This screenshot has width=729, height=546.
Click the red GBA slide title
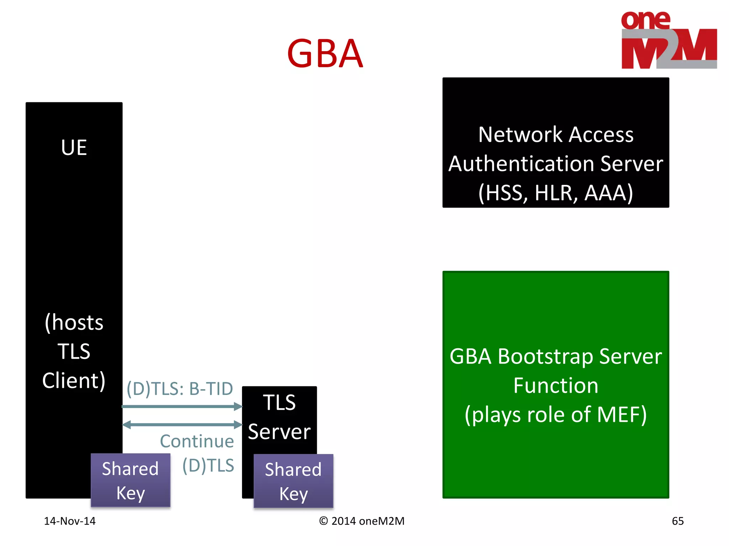coord(325,54)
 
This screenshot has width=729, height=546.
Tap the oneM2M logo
coord(668,40)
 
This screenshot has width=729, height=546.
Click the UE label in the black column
coord(74,148)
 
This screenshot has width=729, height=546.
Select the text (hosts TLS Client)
coord(74,351)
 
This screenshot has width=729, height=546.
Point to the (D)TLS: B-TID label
coord(180,389)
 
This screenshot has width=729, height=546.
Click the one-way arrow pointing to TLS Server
coord(182,407)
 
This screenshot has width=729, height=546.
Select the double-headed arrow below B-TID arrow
coord(182,424)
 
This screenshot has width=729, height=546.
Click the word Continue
coord(197,441)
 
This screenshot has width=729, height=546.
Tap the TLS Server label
coord(279,417)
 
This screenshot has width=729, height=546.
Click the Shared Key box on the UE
coord(130,480)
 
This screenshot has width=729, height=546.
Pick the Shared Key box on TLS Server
coord(293,481)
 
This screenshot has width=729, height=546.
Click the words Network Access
coord(556,135)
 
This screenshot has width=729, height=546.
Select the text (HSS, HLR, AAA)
coord(556,193)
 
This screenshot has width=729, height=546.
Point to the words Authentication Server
coord(556,164)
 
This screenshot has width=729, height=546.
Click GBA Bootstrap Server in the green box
coord(556,357)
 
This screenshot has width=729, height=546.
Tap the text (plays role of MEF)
coord(556,415)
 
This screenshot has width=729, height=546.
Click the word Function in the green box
coord(556,386)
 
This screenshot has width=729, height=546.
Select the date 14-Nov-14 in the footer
coord(70,521)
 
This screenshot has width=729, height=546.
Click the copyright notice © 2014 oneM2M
coord(362,521)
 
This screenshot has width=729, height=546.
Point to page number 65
coord(677,521)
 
